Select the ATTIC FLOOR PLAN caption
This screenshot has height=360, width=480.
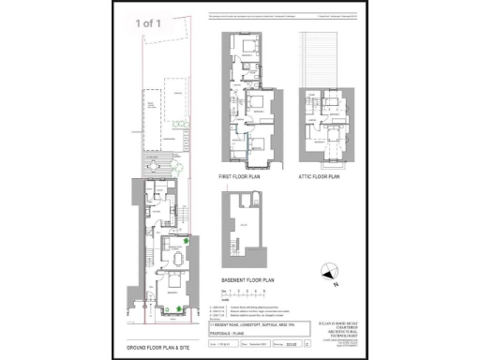[x=319, y=175]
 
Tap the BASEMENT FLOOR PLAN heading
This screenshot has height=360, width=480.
[x=247, y=279]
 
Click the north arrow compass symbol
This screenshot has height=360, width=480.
[x=326, y=273]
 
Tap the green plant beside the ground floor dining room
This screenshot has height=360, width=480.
[x=187, y=242]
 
